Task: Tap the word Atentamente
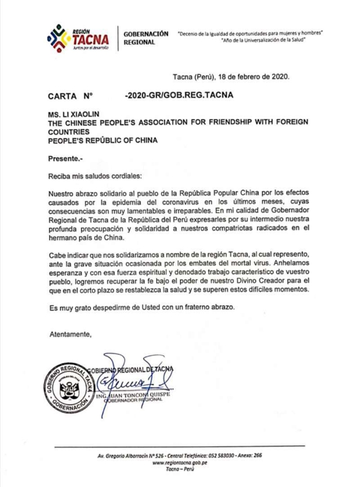[71, 333]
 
